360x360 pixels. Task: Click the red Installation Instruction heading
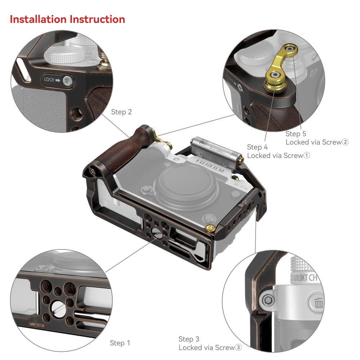67,19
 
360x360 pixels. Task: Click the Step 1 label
120,343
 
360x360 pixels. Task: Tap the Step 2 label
121,112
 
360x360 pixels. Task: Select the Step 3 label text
189,339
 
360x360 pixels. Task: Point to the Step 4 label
257,147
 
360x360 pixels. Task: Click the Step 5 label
296,134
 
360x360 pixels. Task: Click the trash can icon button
318,303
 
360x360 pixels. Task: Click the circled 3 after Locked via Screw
238,348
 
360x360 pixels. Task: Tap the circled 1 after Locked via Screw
306,156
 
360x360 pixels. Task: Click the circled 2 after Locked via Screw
345,142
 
